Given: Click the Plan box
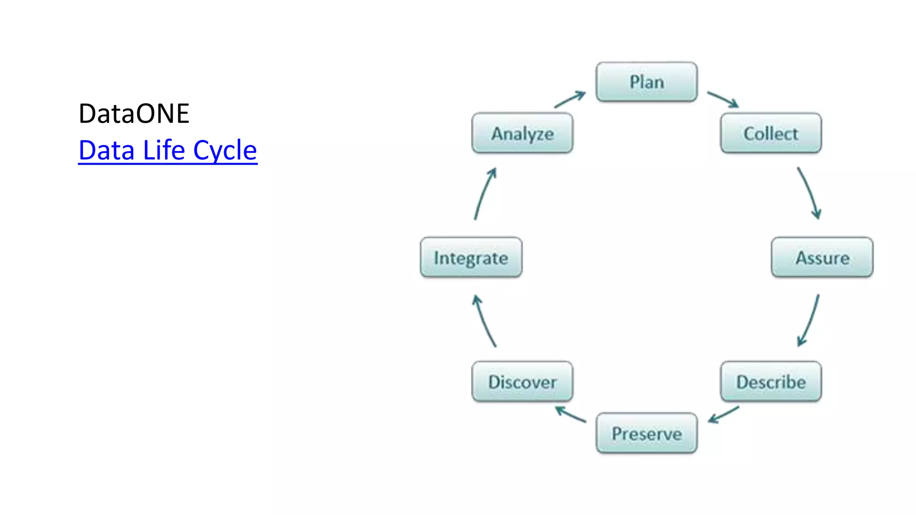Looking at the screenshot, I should coord(646,82).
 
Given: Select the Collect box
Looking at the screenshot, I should coord(771,133).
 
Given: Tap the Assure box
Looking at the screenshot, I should coord(822,257).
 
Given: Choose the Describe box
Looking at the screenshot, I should coord(771,382).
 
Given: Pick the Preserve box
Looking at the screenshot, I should coord(646,433).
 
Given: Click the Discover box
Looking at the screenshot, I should coord(522,382).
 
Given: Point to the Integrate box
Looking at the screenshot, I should coord(471,257).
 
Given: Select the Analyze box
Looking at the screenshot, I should coord(522,133).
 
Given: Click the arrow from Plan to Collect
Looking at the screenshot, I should coord(722,99).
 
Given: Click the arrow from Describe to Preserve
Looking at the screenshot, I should coord(723,414).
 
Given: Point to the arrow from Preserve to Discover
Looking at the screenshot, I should coord(570,414).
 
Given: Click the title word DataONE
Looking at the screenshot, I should coord(134,114).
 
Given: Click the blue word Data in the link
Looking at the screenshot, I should coord(106,150).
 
